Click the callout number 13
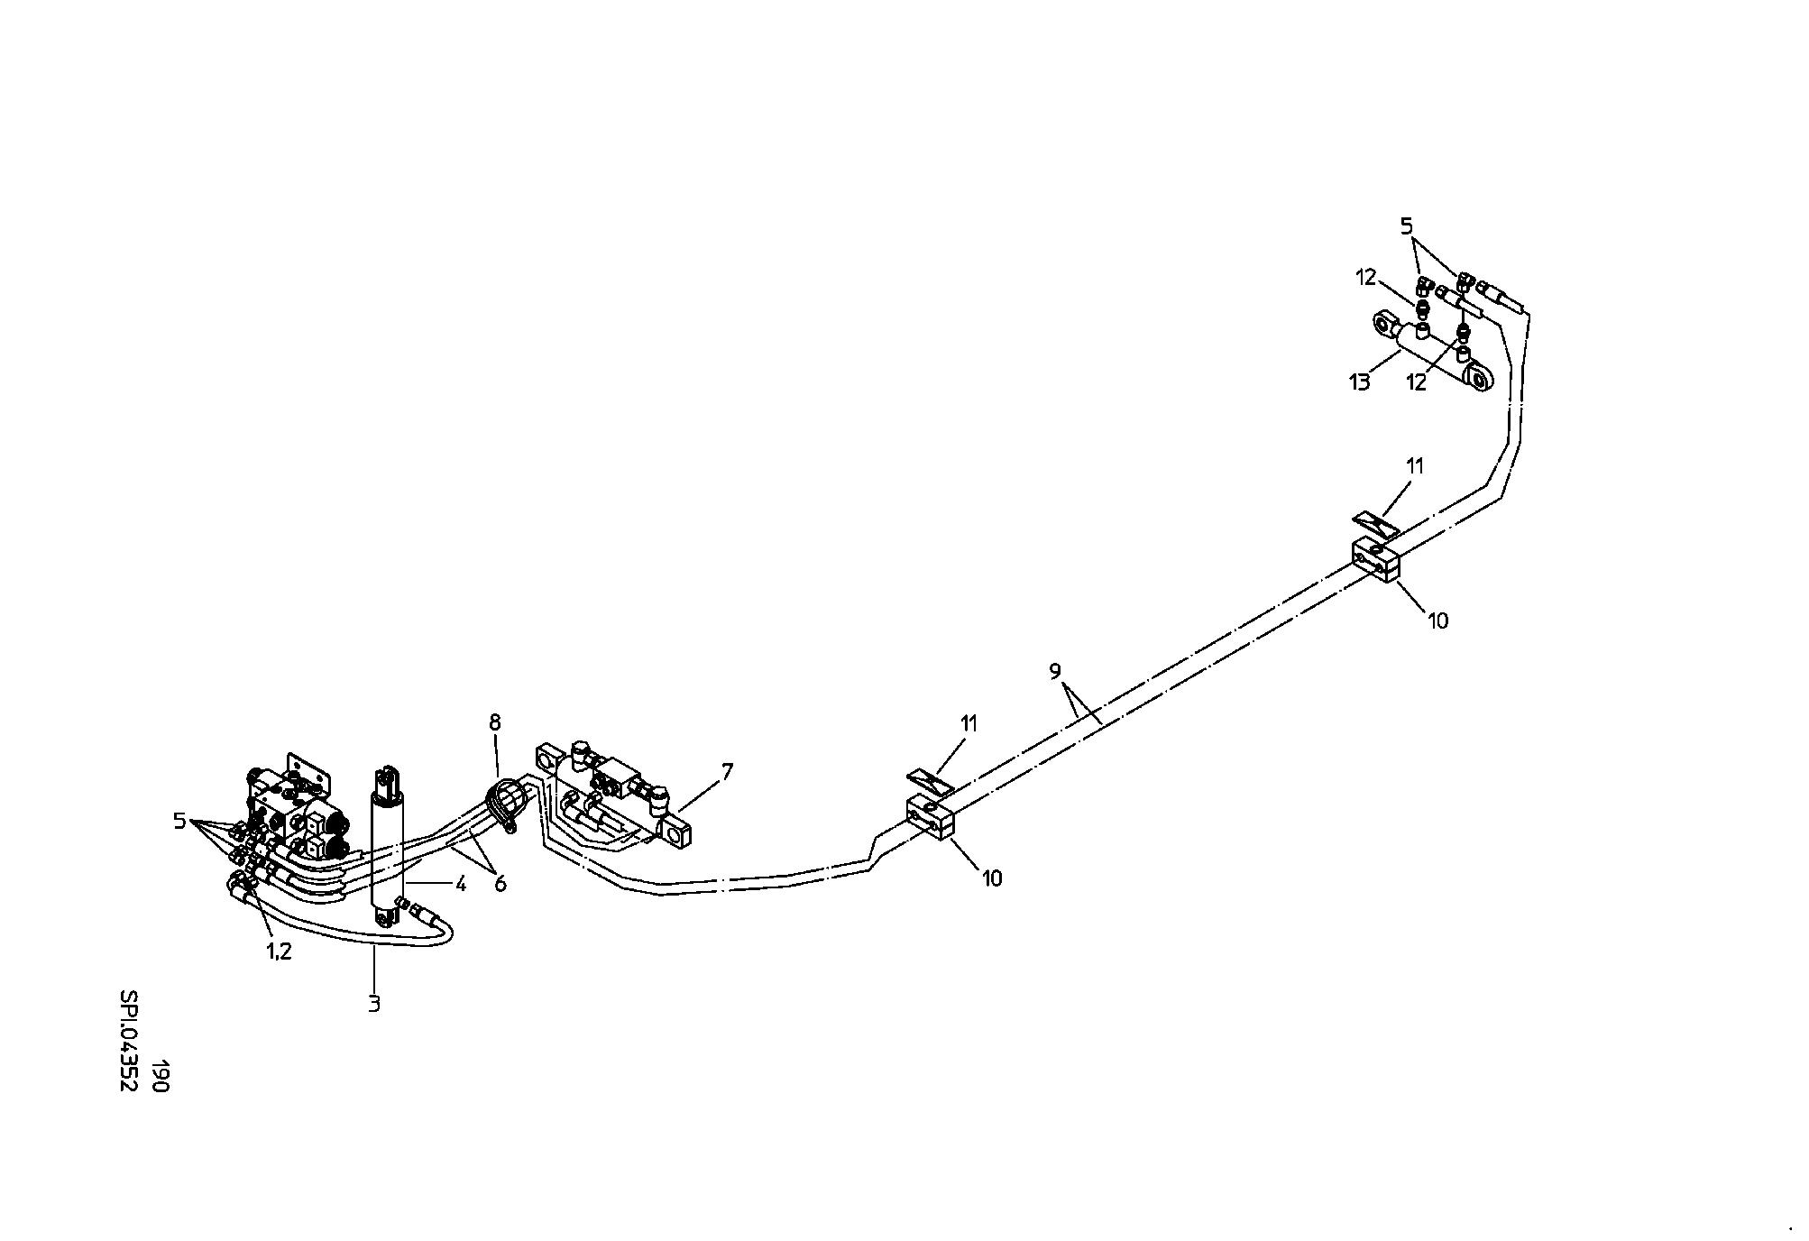click(1359, 382)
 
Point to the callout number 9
click(1055, 671)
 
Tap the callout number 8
click(494, 722)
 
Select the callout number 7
click(727, 771)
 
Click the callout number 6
click(500, 884)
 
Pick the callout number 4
click(460, 884)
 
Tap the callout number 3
click(374, 1003)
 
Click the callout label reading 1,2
click(279, 951)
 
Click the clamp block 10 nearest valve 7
click(930, 817)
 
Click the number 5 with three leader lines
click(179, 821)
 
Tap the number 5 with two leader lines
click(1407, 227)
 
